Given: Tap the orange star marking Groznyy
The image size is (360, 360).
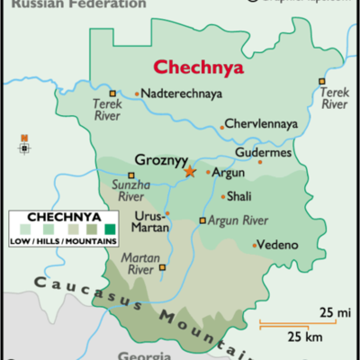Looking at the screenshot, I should coord(190,171).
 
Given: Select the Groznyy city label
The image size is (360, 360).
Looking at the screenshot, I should coord(158,160).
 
